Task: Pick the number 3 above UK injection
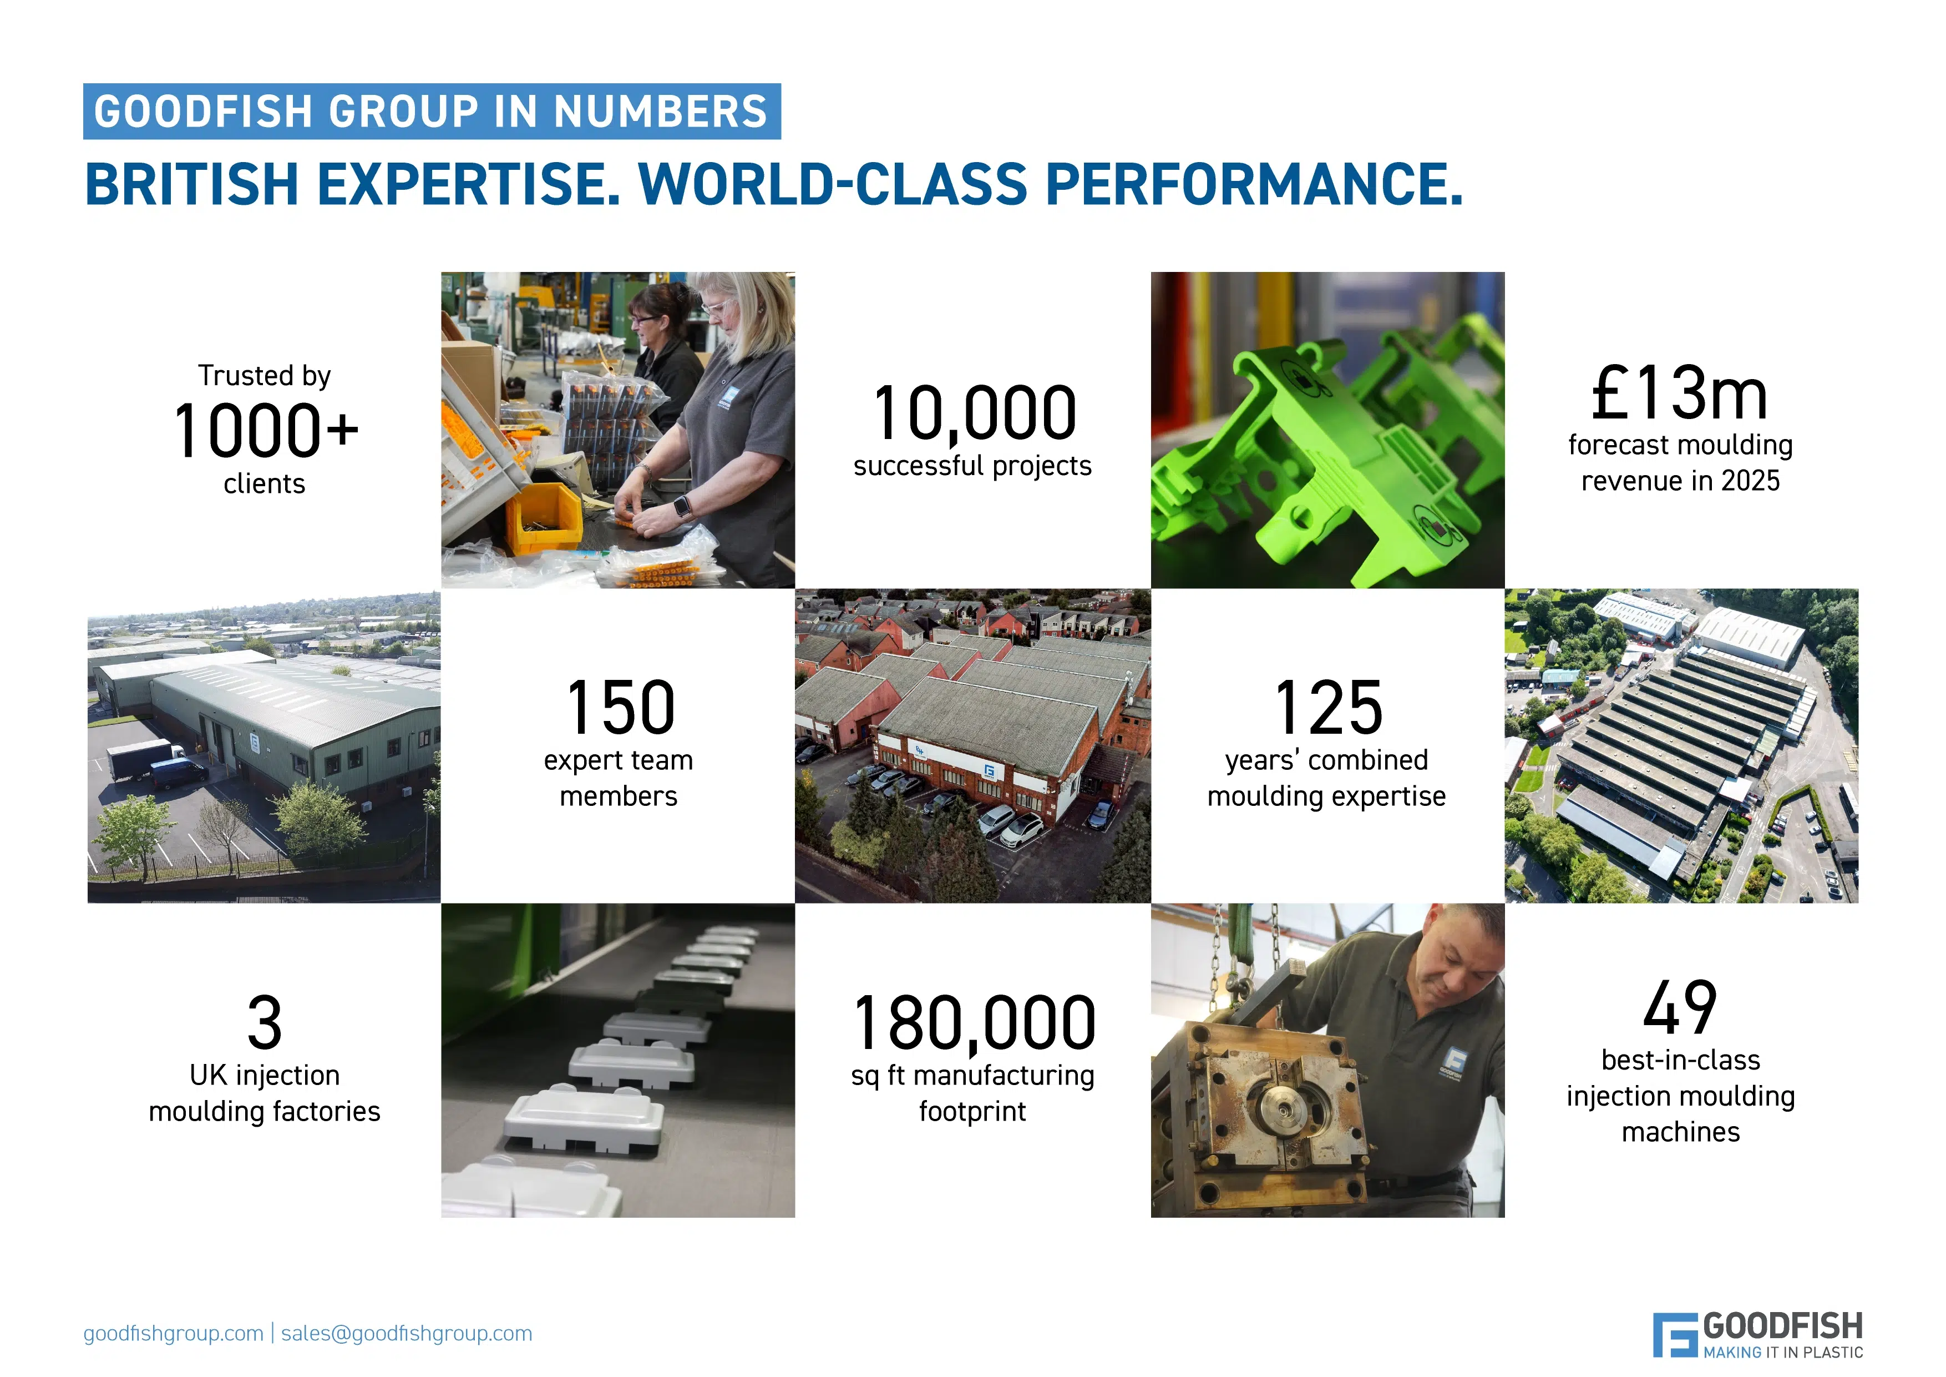point(265,1022)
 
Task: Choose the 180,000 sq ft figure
point(974,1022)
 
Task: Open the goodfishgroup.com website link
point(173,1333)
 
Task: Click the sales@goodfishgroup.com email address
point(406,1333)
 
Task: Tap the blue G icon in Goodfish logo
point(1674,1335)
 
